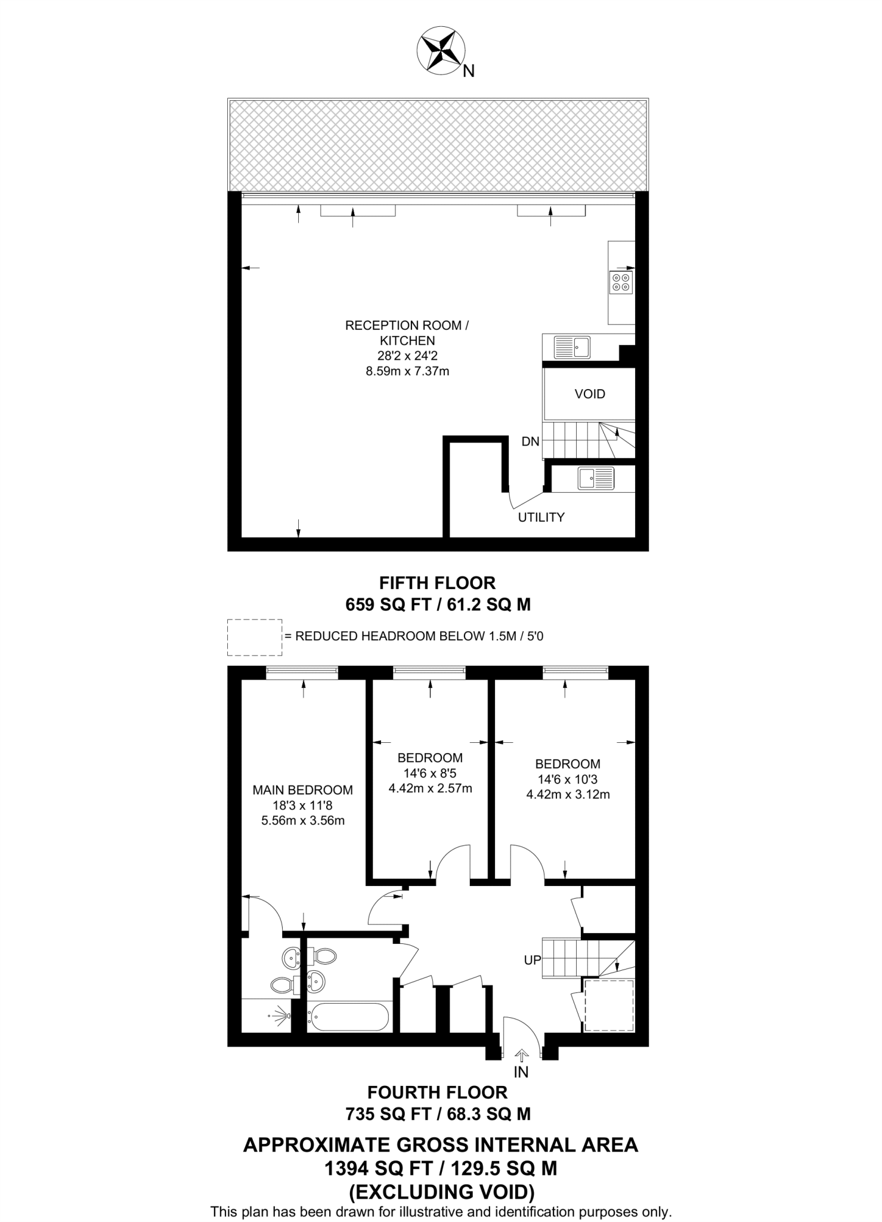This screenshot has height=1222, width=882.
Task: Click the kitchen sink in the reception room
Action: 572,347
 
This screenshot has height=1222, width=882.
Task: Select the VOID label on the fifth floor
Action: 590,394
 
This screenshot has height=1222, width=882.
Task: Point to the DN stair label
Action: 530,442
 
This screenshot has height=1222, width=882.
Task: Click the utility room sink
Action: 596,478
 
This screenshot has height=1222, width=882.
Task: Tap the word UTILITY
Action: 541,517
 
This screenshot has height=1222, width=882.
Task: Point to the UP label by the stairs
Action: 533,960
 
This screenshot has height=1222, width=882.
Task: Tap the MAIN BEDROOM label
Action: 303,790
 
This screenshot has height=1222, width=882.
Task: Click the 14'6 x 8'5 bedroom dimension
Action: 430,773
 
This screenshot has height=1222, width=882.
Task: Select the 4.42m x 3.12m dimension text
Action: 568,795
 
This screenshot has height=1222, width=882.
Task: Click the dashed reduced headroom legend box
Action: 255,637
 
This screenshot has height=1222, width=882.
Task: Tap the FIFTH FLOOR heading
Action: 438,582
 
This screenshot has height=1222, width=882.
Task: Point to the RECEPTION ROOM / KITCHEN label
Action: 407,333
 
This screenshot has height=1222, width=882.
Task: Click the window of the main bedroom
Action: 302,672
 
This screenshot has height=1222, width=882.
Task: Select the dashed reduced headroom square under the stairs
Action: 608,1005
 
